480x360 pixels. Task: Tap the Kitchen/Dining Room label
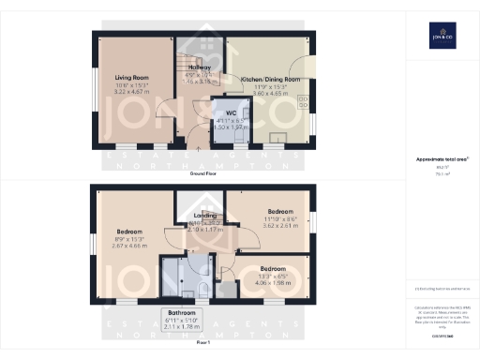pos(271,80)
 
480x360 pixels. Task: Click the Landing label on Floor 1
pos(205,216)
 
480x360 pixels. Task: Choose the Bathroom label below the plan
pos(182,311)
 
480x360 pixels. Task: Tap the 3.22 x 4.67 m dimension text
pos(132,93)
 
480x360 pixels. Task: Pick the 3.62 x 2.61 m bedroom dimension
pos(280,226)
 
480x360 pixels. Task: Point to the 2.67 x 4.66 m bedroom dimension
pos(128,245)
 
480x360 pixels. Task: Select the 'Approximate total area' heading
pos(442,159)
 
